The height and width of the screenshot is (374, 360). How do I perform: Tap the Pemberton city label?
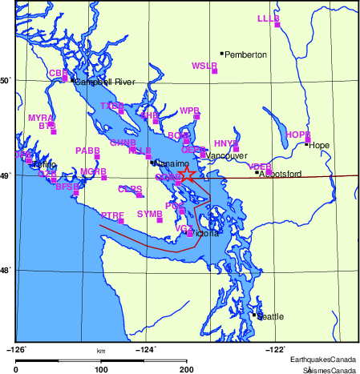coord(245,54)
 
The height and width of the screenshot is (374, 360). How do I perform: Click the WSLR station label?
coord(204,65)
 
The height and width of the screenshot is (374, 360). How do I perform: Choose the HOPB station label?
coord(297,134)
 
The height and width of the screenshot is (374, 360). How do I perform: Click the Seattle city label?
coord(270,317)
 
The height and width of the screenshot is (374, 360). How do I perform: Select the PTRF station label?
coord(113,215)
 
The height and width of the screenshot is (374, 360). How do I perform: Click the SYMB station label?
coord(149,214)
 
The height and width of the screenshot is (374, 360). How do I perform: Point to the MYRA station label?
coord(40,118)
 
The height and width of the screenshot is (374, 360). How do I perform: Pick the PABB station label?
coord(87,150)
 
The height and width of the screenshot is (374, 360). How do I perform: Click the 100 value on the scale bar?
coord(101,368)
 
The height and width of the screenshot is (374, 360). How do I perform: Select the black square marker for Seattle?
coord(254,315)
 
